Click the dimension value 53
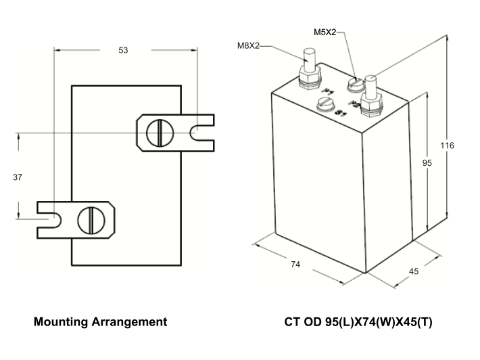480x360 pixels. (122, 50)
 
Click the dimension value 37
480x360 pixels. (18, 177)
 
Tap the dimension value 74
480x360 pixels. (295, 265)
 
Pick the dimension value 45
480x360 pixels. (414, 271)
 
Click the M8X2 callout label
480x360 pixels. (249, 46)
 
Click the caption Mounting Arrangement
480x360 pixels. (100, 322)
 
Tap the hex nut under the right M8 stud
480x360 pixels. (370, 104)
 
